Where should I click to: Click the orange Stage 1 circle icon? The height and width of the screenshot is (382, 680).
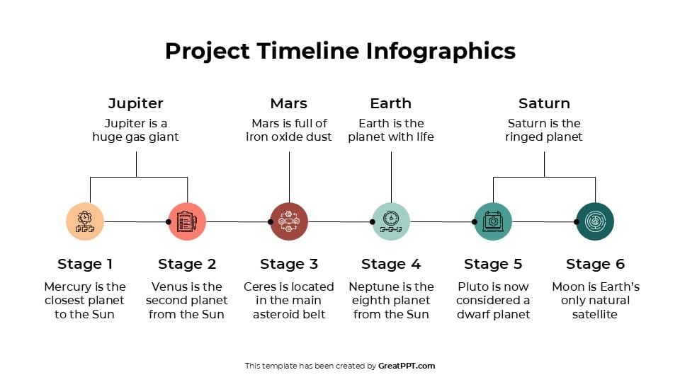(x=85, y=221)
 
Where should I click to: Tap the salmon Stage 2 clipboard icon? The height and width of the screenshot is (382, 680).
(x=187, y=221)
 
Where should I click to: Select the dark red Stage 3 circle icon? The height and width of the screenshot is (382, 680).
(x=289, y=221)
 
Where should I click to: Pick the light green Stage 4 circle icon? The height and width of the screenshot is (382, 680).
(x=391, y=221)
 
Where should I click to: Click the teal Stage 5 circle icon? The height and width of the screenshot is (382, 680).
(x=493, y=221)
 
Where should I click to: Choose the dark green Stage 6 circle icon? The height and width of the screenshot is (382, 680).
(x=595, y=221)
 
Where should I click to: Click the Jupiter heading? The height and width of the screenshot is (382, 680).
(x=136, y=103)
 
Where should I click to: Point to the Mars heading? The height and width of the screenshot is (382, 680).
(x=289, y=103)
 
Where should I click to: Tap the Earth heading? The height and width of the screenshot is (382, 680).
(x=391, y=103)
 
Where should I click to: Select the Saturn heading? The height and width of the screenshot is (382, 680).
(x=544, y=103)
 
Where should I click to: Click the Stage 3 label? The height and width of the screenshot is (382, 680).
(x=289, y=264)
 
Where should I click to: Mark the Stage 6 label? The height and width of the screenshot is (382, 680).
(x=595, y=264)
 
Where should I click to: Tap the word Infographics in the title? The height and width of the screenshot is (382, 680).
(x=441, y=51)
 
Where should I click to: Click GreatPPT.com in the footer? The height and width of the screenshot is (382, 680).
(x=407, y=366)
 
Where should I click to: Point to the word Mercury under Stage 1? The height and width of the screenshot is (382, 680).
(x=69, y=286)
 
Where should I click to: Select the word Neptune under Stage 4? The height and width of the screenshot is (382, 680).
(x=373, y=286)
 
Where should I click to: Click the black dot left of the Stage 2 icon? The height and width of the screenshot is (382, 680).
(x=168, y=221)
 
